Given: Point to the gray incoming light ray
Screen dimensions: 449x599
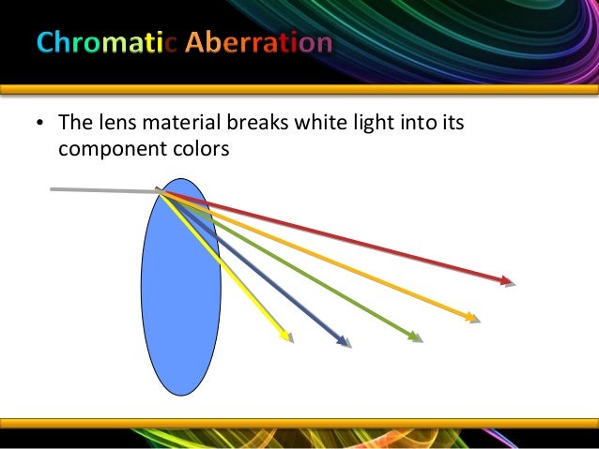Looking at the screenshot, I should point(103,190).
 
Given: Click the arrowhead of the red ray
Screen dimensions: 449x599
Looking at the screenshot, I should point(508,280).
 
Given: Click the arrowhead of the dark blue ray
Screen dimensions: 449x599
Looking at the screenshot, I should point(344,341).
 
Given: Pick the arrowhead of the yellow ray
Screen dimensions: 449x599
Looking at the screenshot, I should point(285,337).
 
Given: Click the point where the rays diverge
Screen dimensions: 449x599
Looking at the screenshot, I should point(161,192).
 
